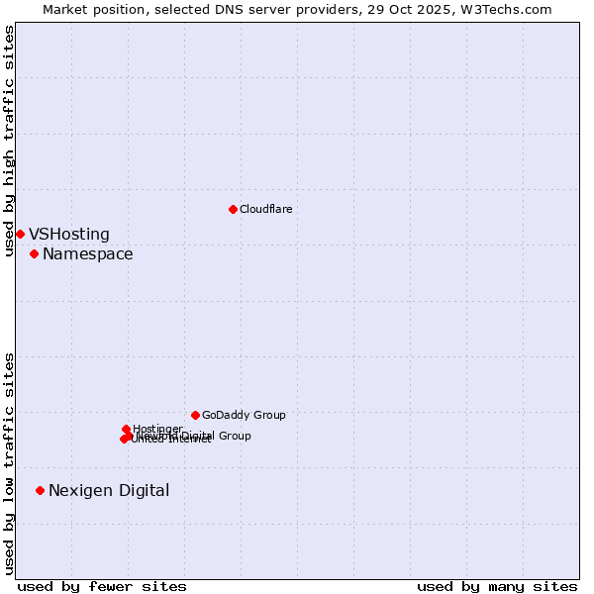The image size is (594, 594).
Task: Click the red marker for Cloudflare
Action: (233, 209)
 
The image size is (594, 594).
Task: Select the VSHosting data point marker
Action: (20, 234)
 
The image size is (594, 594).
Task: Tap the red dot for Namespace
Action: (34, 254)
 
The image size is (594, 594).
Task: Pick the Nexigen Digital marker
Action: (40, 490)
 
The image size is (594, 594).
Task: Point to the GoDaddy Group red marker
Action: (195, 415)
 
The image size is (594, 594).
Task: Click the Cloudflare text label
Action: (265, 209)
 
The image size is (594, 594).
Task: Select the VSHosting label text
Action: (69, 235)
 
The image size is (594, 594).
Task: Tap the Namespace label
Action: (87, 254)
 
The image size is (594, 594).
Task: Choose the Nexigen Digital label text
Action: (109, 490)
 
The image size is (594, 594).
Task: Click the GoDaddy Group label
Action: (244, 415)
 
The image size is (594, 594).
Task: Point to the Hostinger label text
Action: (157, 429)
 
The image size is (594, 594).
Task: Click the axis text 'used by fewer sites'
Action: (102, 586)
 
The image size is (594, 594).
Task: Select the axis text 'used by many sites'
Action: (497, 586)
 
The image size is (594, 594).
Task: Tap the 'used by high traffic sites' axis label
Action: (9, 141)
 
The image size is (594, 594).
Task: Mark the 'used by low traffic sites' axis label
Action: (9, 463)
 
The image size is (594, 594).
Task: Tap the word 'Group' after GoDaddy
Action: (268, 415)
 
